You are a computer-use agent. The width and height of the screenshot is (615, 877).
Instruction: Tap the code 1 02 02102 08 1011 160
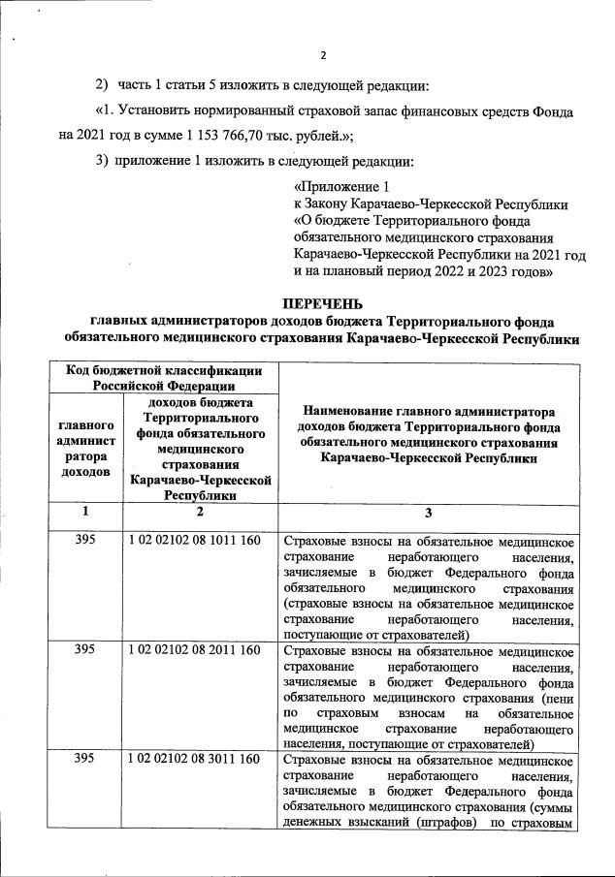[x=194, y=540]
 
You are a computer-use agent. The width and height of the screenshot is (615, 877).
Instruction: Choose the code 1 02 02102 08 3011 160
[x=194, y=760]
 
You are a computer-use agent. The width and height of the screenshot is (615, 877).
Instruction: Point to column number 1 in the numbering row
[x=84, y=512]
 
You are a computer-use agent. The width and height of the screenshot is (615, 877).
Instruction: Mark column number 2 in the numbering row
[x=198, y=512]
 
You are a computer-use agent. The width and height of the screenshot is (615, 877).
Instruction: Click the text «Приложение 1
[x=341, y=186]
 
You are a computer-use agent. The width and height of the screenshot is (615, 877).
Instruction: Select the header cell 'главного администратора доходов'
[x=85, y=448]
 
